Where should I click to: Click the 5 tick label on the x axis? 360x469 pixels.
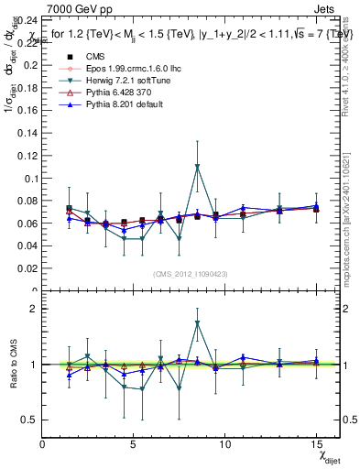tap(134, 443)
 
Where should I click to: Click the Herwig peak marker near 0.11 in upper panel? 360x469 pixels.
tap(197, 167)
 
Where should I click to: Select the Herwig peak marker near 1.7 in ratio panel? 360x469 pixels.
tap(197, 323)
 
